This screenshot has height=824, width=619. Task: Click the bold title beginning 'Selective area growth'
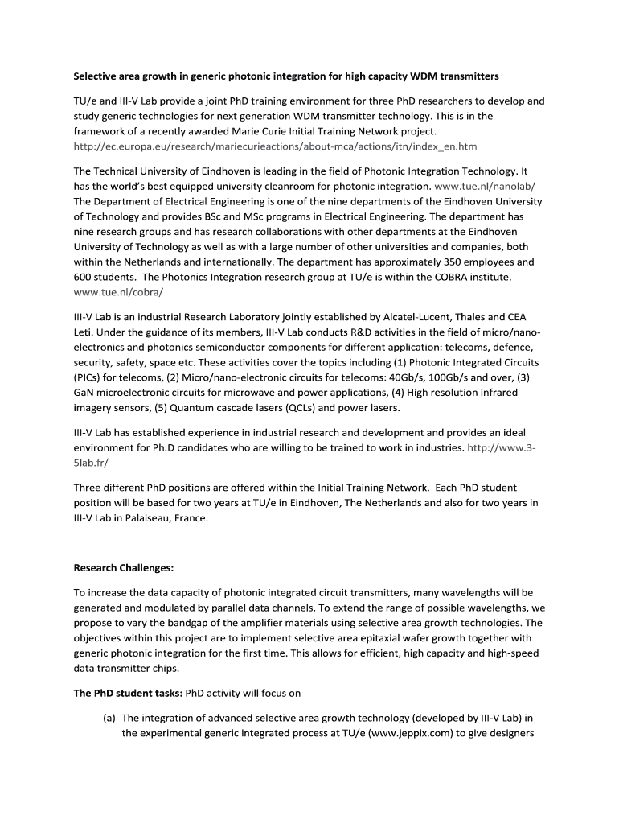(286, 76)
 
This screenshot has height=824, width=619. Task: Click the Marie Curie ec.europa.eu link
(275, 146)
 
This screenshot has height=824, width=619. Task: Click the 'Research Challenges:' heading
(123, 567)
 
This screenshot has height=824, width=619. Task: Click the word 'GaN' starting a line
(84, 393)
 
